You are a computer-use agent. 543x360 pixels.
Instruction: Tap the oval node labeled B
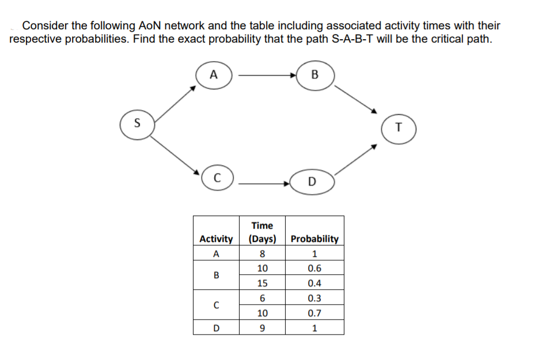(314, 75)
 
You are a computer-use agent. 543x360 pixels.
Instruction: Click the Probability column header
(314, 238)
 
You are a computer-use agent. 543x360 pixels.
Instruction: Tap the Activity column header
(216, 238)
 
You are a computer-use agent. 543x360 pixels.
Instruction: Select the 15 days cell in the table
(262, 283)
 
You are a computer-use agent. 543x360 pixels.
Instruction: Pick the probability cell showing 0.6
(314, 268)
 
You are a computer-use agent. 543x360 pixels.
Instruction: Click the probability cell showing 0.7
(314, 313)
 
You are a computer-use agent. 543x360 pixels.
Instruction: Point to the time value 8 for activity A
(262, 253)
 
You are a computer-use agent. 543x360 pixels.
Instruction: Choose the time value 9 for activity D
(262, 328)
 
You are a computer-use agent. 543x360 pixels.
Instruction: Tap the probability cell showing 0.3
(314, 298)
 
